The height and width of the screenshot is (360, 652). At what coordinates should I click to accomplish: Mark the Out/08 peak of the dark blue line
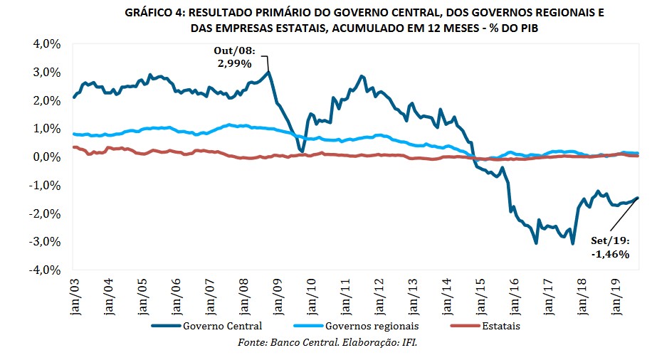(x=268, y=71)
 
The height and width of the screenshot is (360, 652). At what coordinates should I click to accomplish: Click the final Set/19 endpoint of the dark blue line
(x=637, y=198)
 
